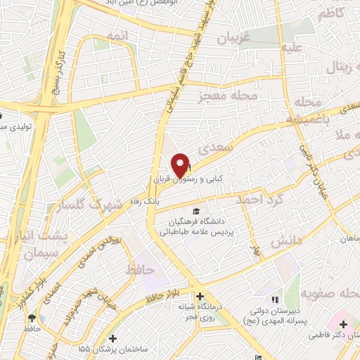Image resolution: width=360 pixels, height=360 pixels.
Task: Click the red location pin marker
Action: tap(181, 165)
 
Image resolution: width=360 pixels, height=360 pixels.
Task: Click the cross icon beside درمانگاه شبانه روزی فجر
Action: tap(200, 297)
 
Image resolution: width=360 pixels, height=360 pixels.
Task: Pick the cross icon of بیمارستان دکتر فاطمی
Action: tap(343, 324)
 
